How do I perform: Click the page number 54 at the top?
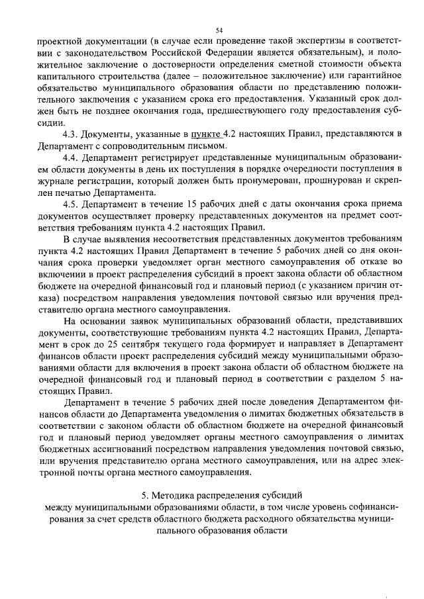pos(219,30)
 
